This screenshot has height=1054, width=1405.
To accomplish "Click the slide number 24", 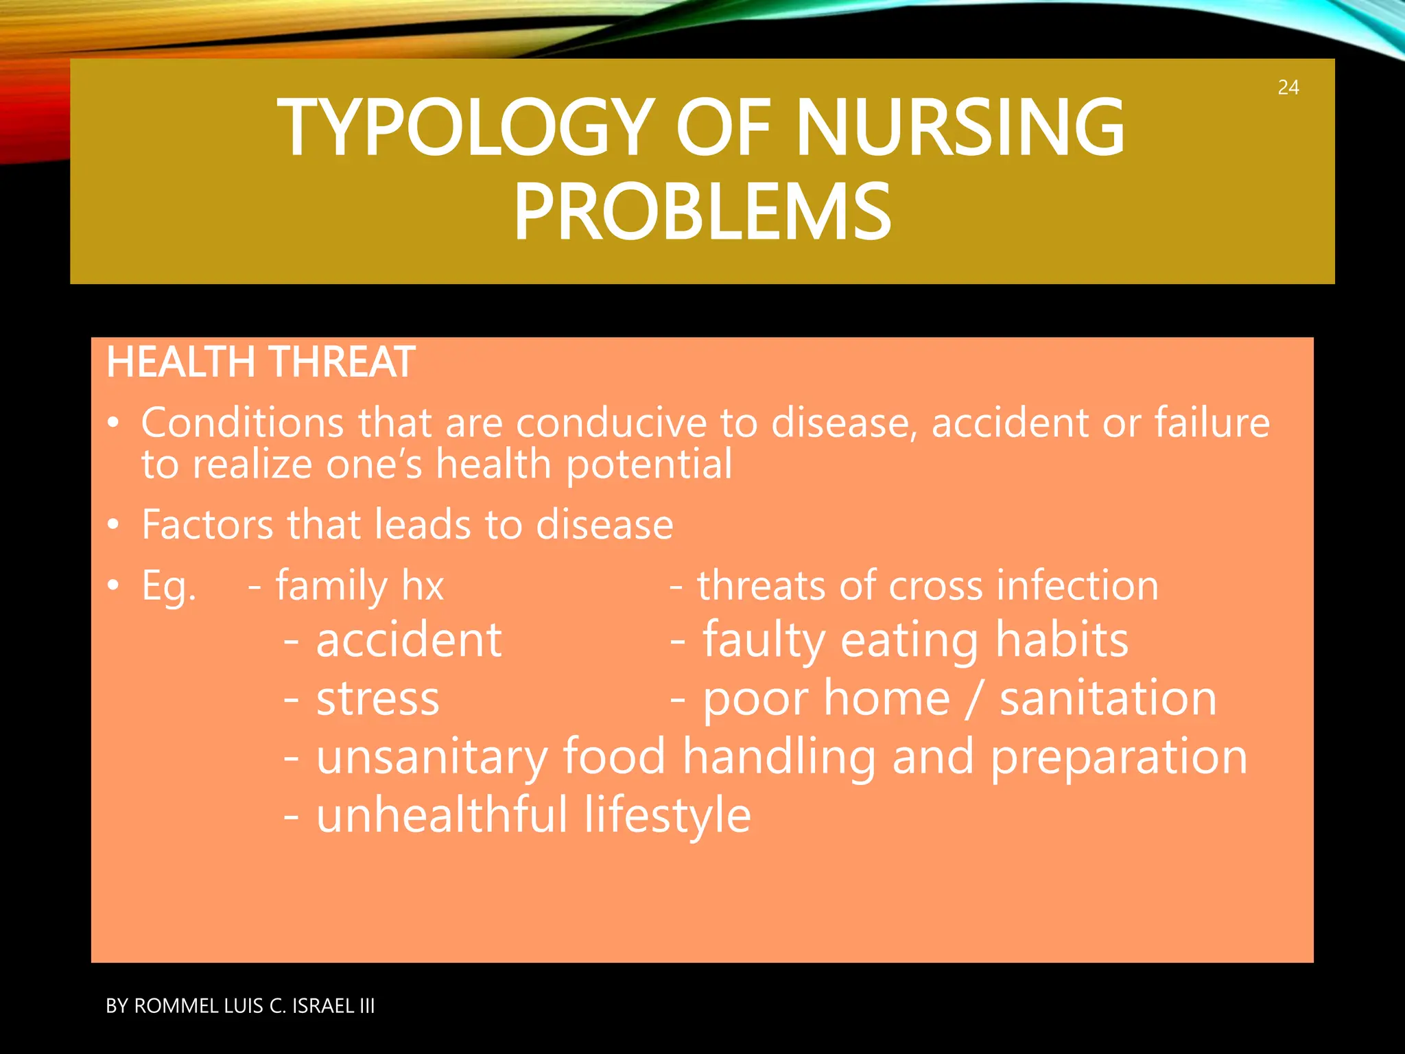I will point(1288,88).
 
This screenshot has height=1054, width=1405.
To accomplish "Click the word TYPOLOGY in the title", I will point(464,128).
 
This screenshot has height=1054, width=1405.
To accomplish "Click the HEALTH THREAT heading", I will point(260,362).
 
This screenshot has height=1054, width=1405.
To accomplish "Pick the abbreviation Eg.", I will point(169,587).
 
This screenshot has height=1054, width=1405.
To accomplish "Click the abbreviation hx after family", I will point(423,586).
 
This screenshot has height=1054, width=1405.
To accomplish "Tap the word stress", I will point(377,699).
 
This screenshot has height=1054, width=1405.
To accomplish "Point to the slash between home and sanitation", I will point(974,699).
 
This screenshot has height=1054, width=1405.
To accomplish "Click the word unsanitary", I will point(432,758).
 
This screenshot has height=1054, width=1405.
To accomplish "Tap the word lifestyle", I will point(668,817).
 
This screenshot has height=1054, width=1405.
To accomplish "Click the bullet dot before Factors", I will point(114,526).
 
